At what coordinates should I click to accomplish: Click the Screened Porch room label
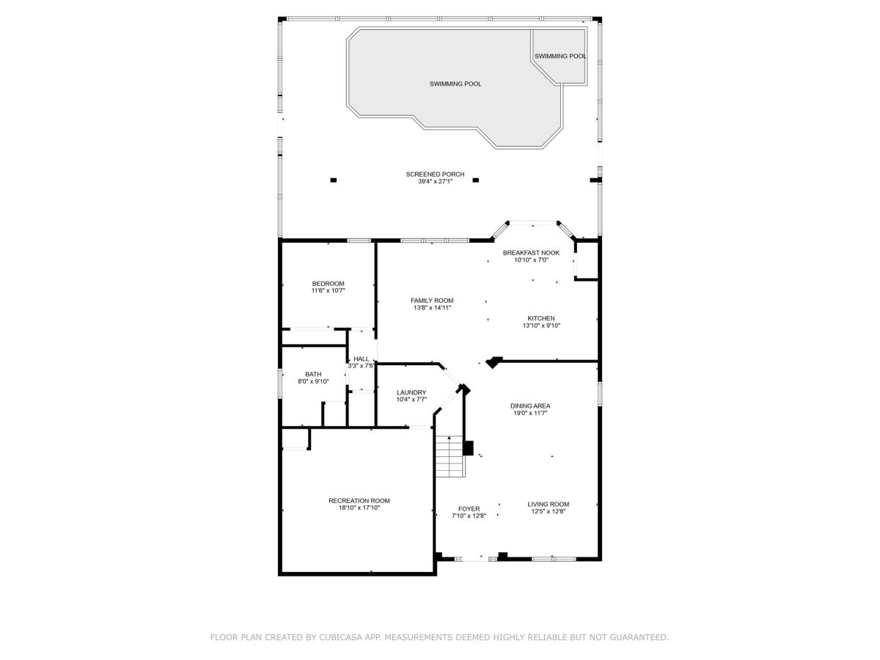tap(435, 175)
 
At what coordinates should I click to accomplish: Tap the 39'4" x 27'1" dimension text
tap(435, 182)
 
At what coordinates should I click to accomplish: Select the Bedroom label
tap(328, 284)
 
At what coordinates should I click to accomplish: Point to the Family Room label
tap(432, 301)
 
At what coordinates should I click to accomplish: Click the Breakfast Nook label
tap(531, 253)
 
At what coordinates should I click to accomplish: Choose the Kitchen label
tap(540, 318)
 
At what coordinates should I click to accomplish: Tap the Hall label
tap(361, 359)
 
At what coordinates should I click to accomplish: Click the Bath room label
tap(313, 374)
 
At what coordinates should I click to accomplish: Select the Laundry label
tap(411, 393)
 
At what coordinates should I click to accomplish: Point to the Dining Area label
tap(530, 406)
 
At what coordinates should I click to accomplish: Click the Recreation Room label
tap(359, 501)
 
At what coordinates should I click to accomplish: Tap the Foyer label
tap(469, 510)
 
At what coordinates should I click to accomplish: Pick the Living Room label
tap(548, 505)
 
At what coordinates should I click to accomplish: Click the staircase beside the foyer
tap(450, 456)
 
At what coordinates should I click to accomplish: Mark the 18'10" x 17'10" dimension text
tap(359, 508)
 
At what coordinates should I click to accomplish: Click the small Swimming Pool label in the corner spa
tap(560, 56)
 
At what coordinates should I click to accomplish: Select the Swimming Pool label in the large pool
tap(455, 84)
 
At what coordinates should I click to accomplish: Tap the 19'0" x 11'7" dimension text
tap(530, 413)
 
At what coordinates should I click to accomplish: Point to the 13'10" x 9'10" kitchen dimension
tap(540, 326)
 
